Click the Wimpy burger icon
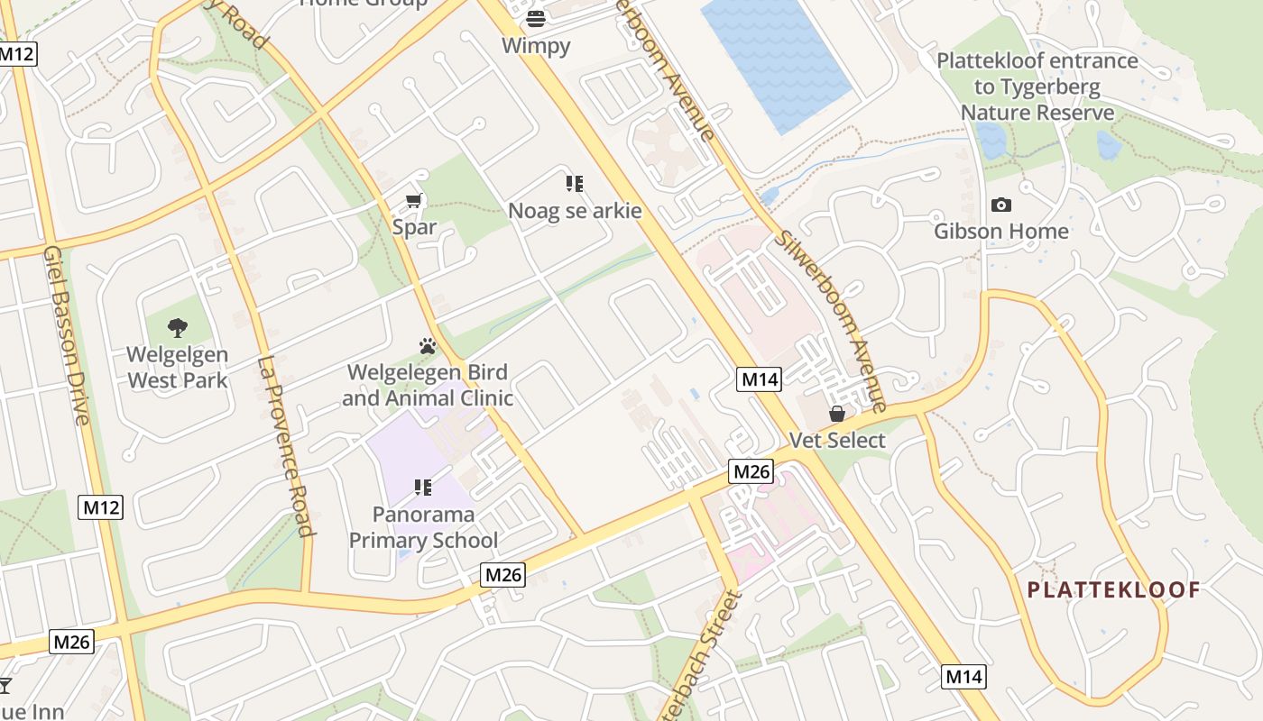click(x=536, y=18)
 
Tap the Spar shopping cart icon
click(x=414, y=201)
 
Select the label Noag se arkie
click(x=575, y=211)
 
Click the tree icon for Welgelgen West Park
click(x=178, y=328)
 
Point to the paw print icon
click(x=428, y=346)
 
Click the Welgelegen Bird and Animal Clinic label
click(x=428, y=385)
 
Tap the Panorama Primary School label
click(x=423, y=527)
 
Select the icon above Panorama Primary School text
click(x=423, y=488)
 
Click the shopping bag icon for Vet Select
click(x=837, y=414)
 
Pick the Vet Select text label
click(x=837, y=441)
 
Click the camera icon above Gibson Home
click(x=1000, y=205)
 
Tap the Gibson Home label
click(x=1000, y=232)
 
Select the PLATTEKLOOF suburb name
click(x=1114, y=590)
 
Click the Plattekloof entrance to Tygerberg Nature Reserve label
click(x=1037, y=87)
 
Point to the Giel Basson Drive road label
click(x=68, y=333)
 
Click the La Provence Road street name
click(x=286, y=446)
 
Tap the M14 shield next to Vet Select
click(x=759, y=379)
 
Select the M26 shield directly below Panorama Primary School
click(x=502, y=575)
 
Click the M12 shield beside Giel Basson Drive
click(x=101, y=507)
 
